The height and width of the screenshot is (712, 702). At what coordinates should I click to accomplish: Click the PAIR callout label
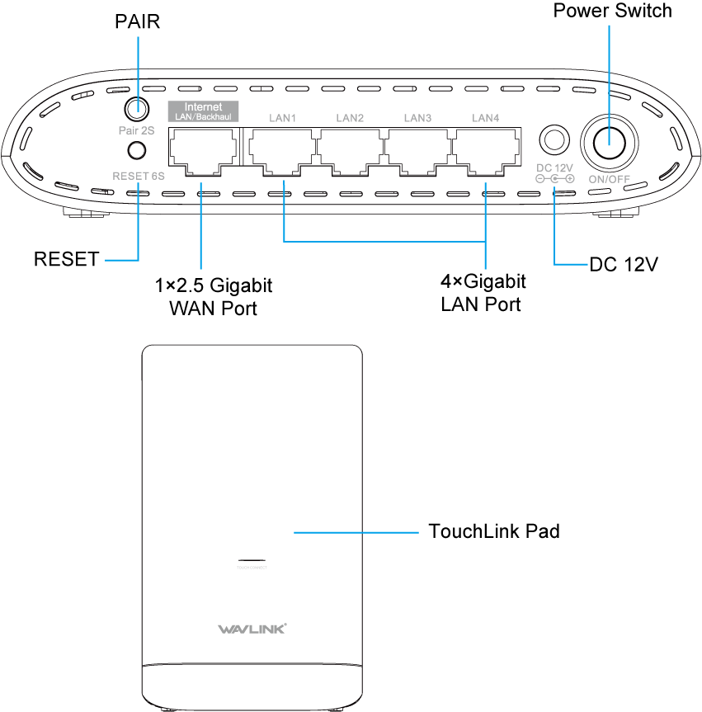pos(137,22)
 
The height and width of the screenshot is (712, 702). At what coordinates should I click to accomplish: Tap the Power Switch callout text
pos(612,11)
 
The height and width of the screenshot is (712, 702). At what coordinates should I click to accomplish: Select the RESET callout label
pos(66,260)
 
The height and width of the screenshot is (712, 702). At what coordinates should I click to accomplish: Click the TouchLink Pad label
pos(494,530)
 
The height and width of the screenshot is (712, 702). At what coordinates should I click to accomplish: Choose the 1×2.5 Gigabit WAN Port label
pos(213,297)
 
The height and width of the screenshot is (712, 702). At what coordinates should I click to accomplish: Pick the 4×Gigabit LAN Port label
pos(483,293)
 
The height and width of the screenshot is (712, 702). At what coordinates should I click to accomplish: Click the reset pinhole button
pos(137,150)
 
